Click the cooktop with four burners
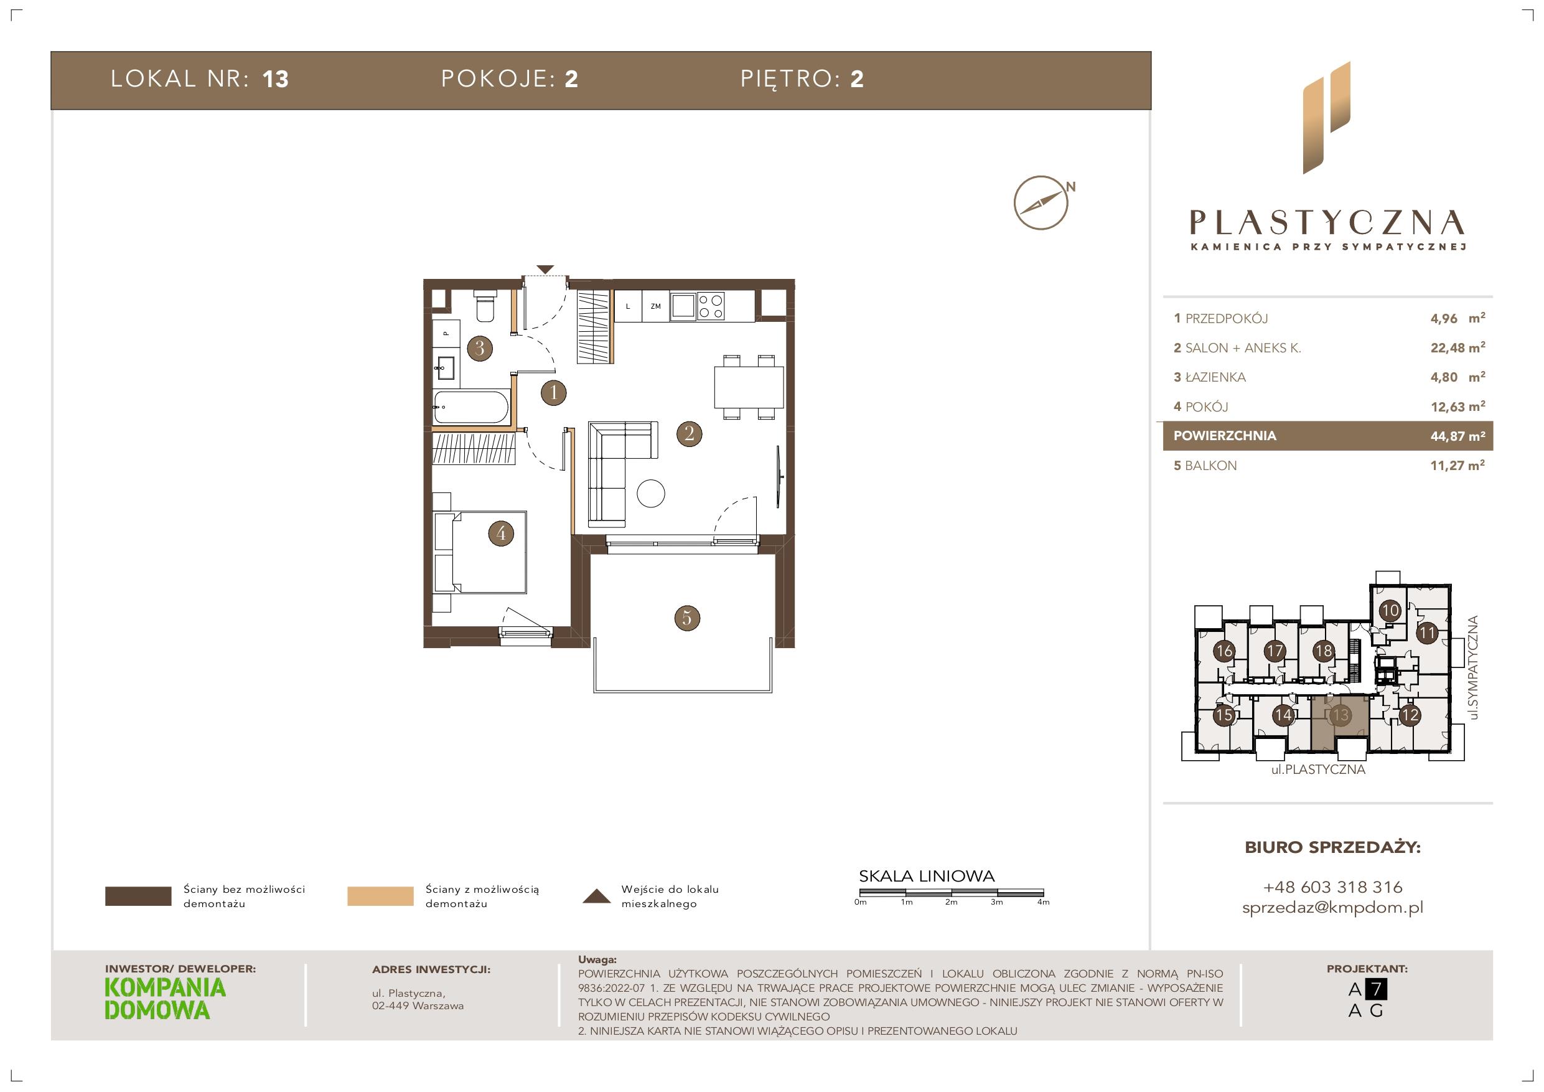(x=710, y=306)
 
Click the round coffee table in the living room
(x=650, y=493)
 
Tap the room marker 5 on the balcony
(x=686, y=618)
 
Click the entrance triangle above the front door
(x=545, y=270)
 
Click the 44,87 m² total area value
(x=1457, y=436)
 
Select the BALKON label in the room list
(x=1210, y=466)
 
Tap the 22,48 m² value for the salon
(x=1457, y=348)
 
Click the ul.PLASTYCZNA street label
(x=1318, y=770)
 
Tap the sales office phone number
(x=1333, y=887)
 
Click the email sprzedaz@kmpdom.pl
(x=1333, y=908)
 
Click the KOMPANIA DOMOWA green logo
(x=166, y=999)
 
